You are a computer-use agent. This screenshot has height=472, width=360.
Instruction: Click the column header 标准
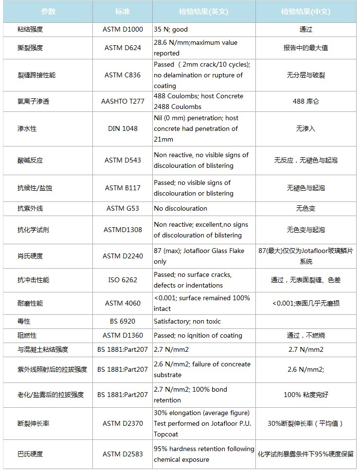(x=123, y=11)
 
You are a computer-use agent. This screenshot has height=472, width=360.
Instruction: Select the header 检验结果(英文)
(x=204, y=11)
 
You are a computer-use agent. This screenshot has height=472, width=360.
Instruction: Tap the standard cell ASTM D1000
(x=123, y=29)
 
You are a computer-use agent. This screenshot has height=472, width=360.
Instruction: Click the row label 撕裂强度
(x=30, y=48)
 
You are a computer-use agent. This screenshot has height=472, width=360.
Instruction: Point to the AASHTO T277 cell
(x=123, y=101)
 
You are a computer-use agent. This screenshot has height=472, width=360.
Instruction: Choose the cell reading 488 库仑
(x=306, y=101)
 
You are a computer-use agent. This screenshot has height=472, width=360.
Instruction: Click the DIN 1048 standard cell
(x=123, y=128)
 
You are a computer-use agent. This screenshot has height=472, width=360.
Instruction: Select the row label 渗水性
(x=27, y=128)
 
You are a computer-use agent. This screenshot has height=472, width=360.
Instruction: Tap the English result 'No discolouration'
(x=180, y=208)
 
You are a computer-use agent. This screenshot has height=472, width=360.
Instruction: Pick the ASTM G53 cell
(x=123, y=208)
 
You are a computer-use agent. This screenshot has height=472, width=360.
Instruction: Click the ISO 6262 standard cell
(x=123, y=280)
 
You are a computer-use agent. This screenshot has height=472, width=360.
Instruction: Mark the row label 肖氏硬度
(x=30, y=255)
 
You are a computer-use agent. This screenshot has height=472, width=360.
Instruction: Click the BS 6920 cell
(x=123, y=321)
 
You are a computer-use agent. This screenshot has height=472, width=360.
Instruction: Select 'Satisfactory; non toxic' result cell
(x=187, y=321)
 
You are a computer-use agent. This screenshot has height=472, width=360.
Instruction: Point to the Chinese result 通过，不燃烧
(x=306, y=335)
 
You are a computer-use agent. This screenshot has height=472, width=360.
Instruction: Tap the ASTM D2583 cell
(x=123, y=454)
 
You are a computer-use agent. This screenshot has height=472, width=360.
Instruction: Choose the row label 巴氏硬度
(x=30, y=454)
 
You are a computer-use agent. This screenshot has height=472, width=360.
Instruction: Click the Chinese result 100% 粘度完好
(x=306, y=395)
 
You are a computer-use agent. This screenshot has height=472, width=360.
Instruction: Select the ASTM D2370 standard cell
(x=123, y=423)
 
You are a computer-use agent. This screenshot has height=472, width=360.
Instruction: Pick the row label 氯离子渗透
(x=33, y=101)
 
